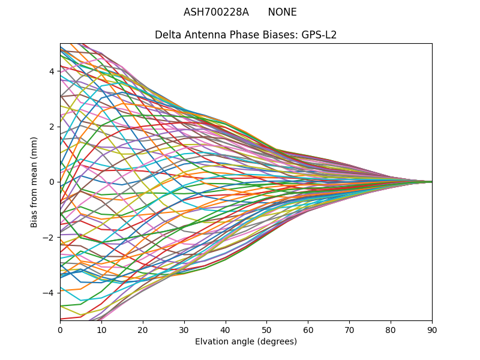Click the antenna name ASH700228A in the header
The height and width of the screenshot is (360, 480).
coord(216,12)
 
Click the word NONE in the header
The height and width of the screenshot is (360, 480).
coord(282,12)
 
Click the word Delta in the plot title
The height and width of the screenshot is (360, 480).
coord(167,35)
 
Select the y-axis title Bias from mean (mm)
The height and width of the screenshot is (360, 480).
coord(34,182)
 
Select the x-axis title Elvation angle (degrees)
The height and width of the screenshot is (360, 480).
coord(246,341)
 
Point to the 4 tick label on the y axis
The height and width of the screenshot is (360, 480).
coord(52,71)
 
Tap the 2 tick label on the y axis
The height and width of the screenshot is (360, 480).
coord(52,127)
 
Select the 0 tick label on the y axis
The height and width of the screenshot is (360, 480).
coord(52,182)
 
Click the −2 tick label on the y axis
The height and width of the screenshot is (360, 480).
coord(49,237)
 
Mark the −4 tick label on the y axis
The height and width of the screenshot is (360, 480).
coord(49,292)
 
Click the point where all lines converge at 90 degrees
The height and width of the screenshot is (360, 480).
coord(431,182)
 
